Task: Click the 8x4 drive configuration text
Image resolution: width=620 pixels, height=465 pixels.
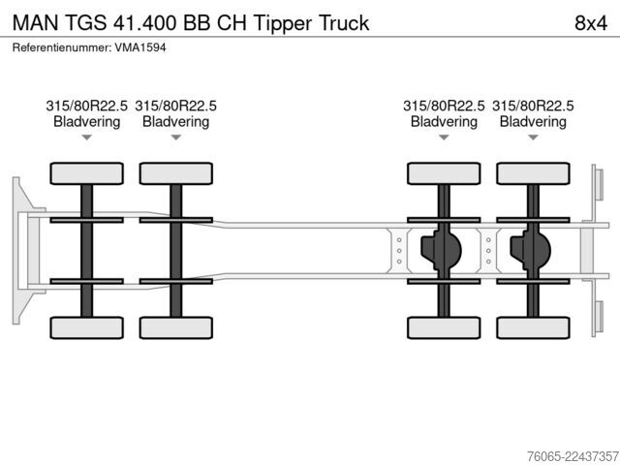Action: [x=591, y=23]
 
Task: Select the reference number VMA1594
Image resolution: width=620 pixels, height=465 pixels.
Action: [x=140, y=47]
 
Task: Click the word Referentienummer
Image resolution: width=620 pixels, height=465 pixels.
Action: [x=62, y=47]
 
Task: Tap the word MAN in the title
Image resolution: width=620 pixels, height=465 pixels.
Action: [x=36, y=23]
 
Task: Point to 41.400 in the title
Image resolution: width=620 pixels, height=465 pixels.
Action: [x=145, y=23]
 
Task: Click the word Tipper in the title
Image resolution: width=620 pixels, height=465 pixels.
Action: [x=283, y=23]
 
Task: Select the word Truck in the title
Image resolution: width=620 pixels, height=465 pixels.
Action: [x=344, y=23]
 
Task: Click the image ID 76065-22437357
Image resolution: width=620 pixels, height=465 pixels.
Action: [x=573, y=456]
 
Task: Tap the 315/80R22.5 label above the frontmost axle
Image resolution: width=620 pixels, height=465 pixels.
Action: [x=86, y=106]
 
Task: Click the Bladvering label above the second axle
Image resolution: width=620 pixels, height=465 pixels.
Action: [x=176, y=121]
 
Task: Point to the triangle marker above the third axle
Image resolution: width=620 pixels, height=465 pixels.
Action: [x=444, y=138]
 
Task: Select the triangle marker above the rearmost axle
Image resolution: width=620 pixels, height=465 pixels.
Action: [x=533, y=138]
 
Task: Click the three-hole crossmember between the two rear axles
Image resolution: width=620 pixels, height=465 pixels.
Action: [x=488, y=251]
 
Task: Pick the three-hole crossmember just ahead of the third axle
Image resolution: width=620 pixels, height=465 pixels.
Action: [x=399, y=251]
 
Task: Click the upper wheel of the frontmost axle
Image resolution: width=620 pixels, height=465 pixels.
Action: [x=86, y=173]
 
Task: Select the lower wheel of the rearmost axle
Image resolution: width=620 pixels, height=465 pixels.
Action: [x=533, y=327]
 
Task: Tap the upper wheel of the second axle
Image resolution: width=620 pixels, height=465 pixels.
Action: [x=176, y=173]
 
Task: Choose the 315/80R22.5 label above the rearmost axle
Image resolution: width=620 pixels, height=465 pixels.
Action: [x=533, y=106]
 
